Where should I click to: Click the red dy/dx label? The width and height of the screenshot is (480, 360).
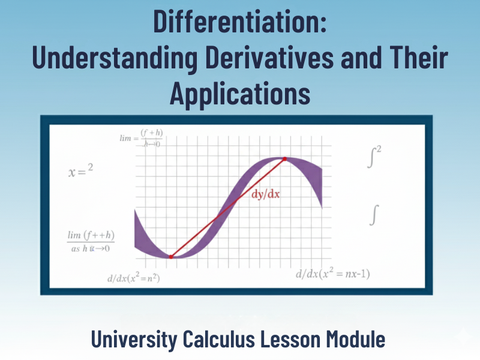click(x=265, y=195)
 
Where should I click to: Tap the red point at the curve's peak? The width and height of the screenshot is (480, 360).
click(x=285, y=159)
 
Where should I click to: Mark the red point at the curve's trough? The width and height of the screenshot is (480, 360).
click(x=171, y=257)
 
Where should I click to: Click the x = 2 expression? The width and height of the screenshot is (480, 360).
click(x=80, y=172)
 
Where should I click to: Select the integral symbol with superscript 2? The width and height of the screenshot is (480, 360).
click(x=374, y=158)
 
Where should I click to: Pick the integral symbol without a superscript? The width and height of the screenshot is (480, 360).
click(x=375, y=214)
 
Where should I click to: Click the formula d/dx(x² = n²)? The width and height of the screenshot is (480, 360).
click(x=133, y=278)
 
